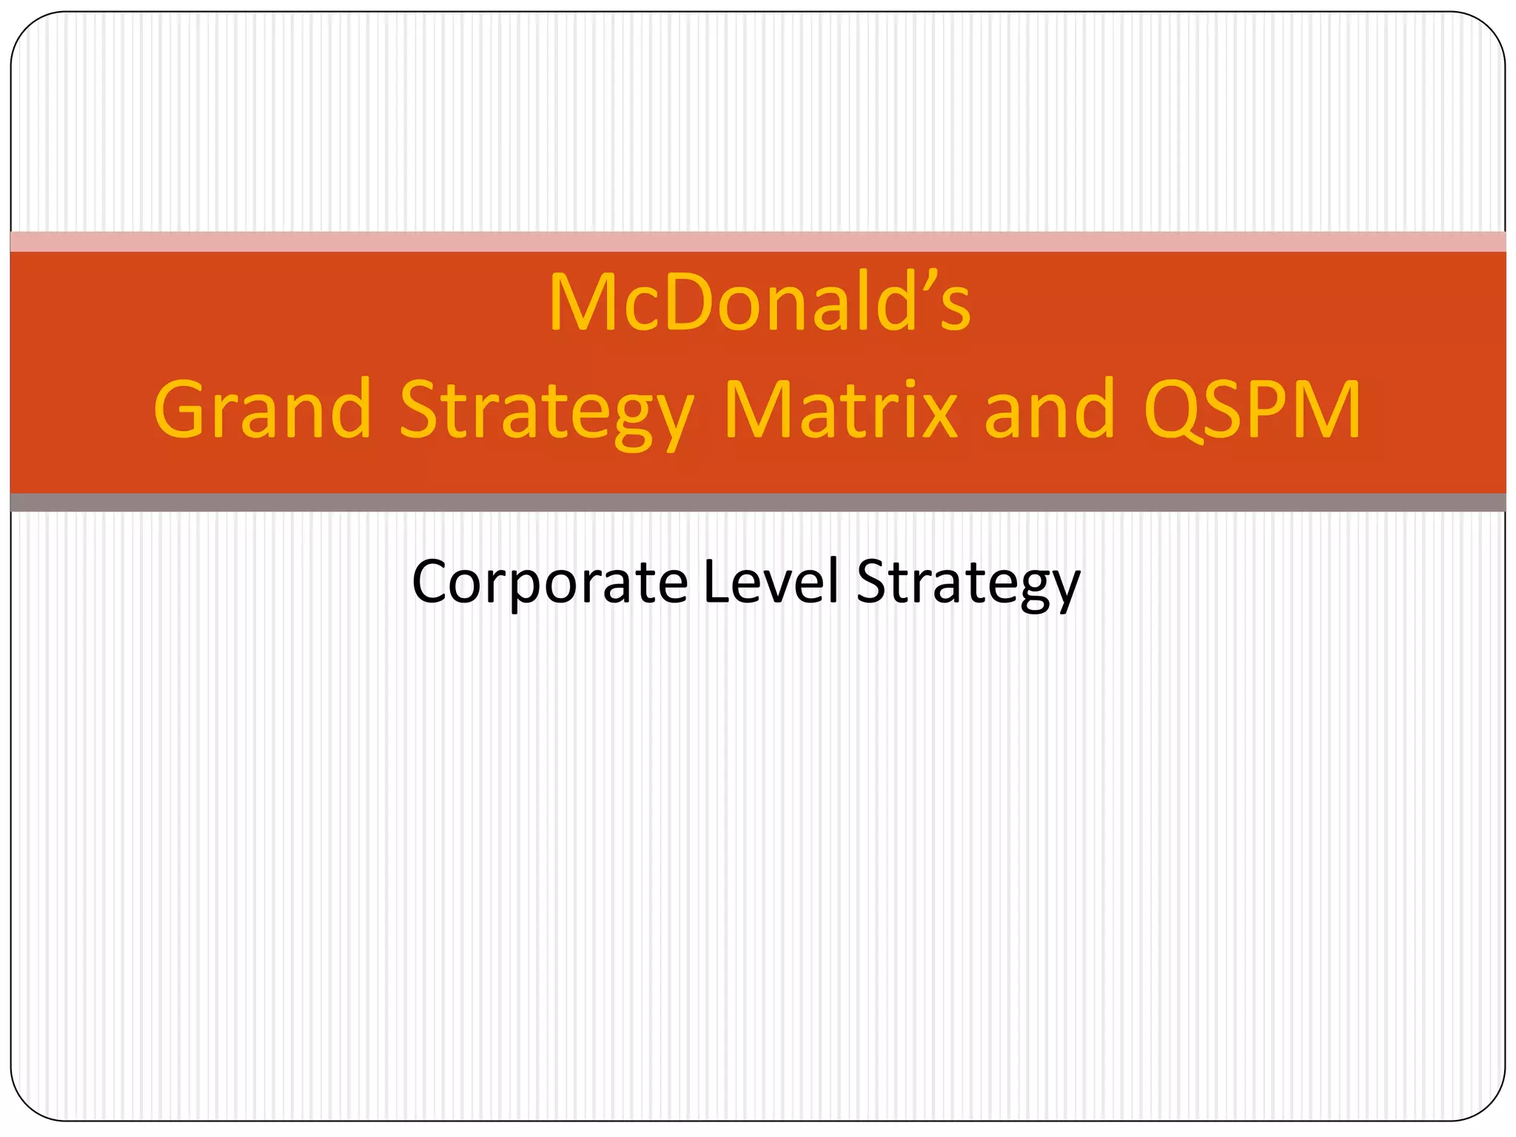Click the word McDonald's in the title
pyautogui.click(x=759, y=303)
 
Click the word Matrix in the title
pyautogui.click(x=840, y=410)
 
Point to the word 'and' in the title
pyautogui.click(x=1050, y=410)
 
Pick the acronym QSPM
pyautogui.click(x=1251, y=410)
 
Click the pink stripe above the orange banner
pyautogui.click(x=758, y=241)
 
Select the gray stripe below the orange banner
pyautogui.click(x=758, y=503)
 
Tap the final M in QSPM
pyautogui.click(x=1325, y=410)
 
